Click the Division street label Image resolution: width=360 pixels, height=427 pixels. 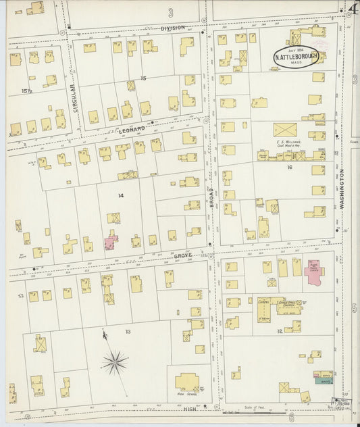pyautogui.click(x=172, y=28)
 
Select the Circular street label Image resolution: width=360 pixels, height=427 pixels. pyautogui.click(x=74, y=96)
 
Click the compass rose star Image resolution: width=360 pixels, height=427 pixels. pyautogui.click(x=115, y=363)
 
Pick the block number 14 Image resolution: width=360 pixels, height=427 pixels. pyautogui.click(x=121, y=196)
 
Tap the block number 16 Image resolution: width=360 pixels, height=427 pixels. pyautogui.click(x=289, y=166)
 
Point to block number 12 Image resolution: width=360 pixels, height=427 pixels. pyautogui.click(x=279, y=331)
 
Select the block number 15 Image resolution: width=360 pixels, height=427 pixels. pyautogui.click(x=143, y=79)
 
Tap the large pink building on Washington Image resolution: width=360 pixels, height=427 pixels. pyautogui.click(x=313, y=273)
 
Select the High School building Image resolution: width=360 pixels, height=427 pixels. pyautogui.click(x=187, y=382)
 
